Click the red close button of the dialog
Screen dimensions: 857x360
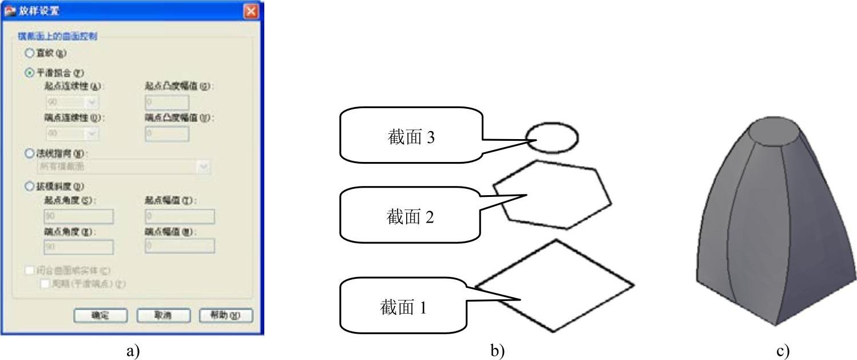point(250,11)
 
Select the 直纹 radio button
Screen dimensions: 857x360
point(30,53)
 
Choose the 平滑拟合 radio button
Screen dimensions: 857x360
point(30,73)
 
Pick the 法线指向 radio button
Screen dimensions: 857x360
point(30,153)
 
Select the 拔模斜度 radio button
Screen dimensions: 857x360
point(30,186)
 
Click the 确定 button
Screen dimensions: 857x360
point(100,315)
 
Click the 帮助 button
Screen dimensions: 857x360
point(225,315)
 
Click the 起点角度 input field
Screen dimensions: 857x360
point(78,216)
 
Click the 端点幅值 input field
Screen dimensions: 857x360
point(180,246)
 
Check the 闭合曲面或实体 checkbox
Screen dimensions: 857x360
point(30,271)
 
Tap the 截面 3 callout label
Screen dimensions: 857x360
point(411,137)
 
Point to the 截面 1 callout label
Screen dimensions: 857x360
point(403,307)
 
